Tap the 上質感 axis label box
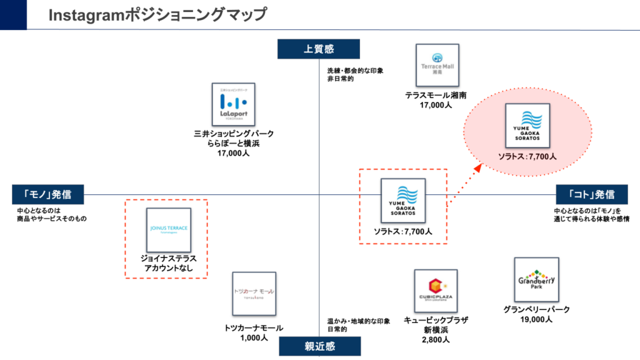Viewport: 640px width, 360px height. (319, 49)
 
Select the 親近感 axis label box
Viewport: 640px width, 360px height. (319, 346)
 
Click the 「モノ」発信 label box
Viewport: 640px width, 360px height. (48, 194)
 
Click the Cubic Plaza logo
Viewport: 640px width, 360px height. (436, 291)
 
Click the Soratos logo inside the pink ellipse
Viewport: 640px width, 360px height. (527, 125)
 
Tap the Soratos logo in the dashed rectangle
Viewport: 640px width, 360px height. (403, 201)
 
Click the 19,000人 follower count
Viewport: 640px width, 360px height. (536, 319)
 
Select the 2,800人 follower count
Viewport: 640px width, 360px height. (436, 340)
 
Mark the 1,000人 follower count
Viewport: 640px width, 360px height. (253, 337)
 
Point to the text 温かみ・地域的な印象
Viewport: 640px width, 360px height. (358, 321)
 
